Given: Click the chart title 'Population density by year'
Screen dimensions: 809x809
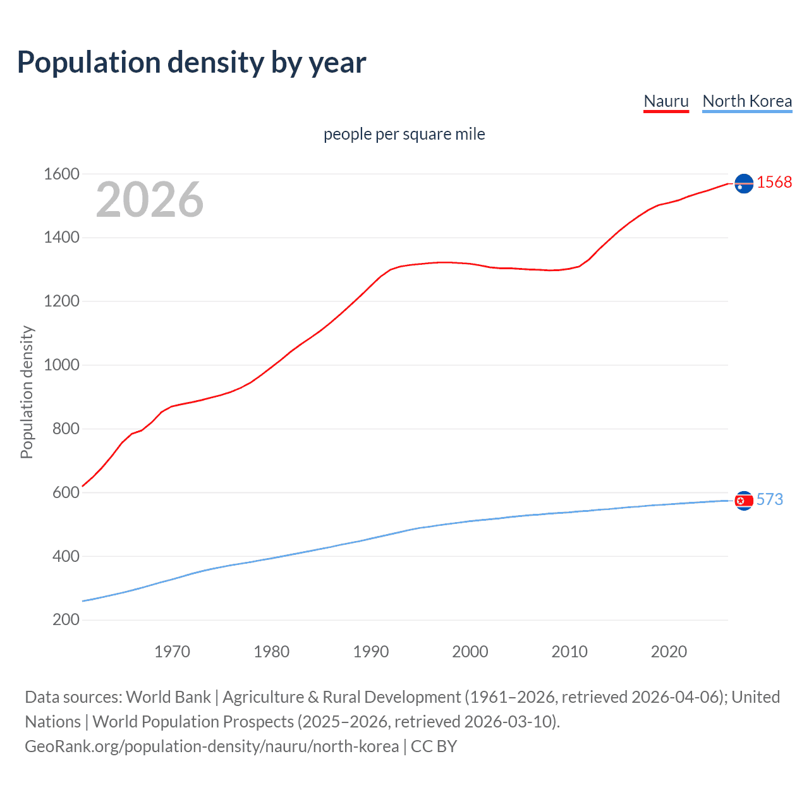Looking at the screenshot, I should click(192, 63).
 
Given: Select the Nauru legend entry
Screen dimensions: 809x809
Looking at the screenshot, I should click(666, 101).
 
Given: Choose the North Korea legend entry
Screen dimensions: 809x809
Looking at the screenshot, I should click(746, 101).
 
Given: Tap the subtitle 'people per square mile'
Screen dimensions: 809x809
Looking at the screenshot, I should click(404, 134).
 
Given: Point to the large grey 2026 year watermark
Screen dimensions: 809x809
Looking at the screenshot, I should click(150, 200).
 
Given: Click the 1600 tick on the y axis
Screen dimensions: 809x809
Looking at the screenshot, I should click(61, 174).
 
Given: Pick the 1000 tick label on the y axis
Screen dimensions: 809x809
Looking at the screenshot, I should click(61, 365).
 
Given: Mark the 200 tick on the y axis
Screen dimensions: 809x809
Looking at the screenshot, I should click(66, 619).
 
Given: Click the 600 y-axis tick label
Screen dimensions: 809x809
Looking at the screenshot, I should click(66, 492).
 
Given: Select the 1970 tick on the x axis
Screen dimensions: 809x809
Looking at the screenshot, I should click(172, 652).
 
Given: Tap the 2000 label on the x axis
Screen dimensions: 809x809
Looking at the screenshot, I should click(470, 652).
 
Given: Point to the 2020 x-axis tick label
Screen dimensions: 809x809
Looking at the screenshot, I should click(669, 652).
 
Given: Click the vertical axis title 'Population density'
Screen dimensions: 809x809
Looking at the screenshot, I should click(27, 392).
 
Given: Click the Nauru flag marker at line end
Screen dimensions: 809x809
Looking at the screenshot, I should click(744, 183).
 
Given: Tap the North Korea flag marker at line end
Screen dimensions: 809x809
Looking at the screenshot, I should click(744, 501).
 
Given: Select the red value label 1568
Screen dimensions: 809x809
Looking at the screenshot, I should click(774, 183).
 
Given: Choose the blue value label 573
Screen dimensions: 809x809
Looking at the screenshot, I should click(769, 500).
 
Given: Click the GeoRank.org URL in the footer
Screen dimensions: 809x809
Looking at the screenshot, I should click(212, 746).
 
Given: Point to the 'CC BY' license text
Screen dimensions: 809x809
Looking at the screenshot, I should click(434, 746).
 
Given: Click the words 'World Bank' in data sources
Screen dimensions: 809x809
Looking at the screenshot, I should click(168, 697).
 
